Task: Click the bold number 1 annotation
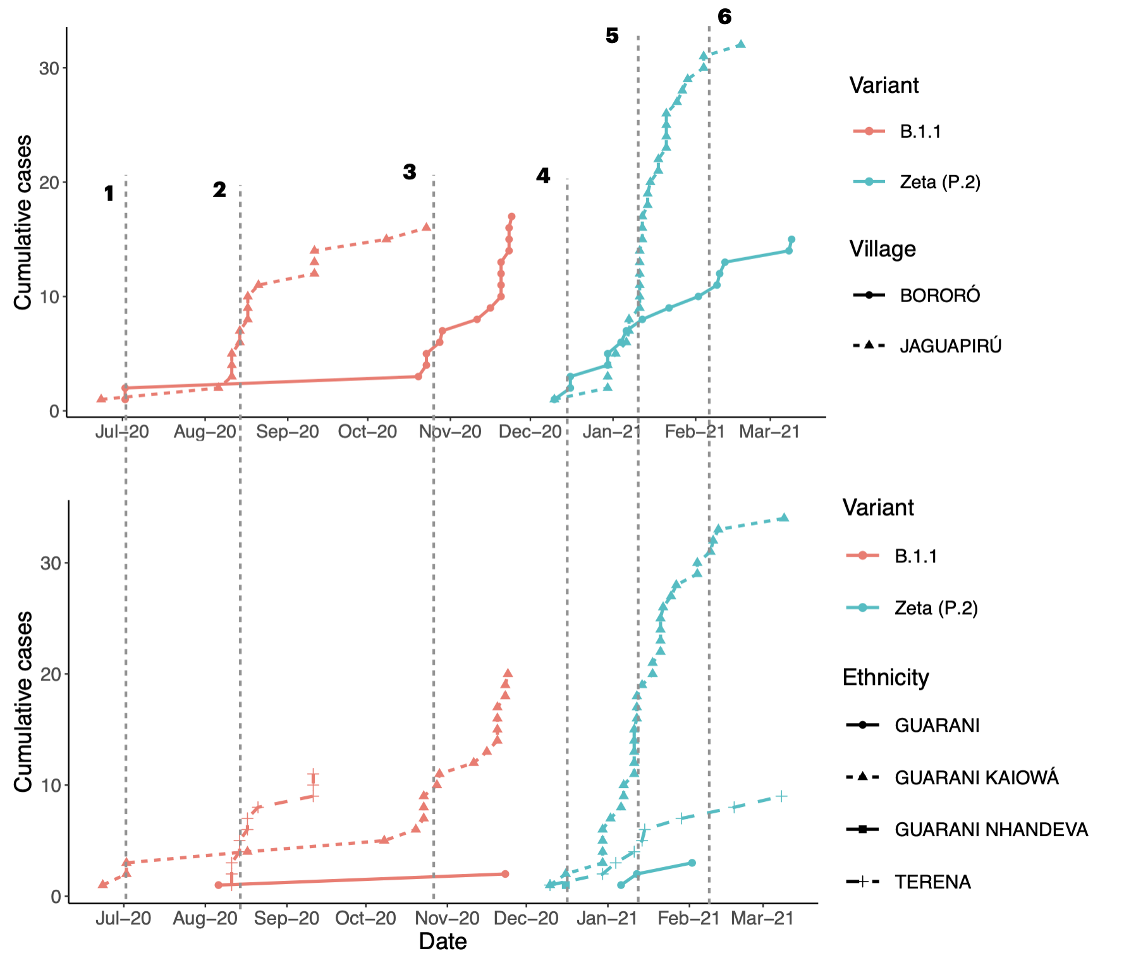(x=109, y=193)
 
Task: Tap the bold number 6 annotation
(x=724, y=17)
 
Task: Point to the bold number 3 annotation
(x=410, y=172)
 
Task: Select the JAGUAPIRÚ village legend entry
(x=950, y=346)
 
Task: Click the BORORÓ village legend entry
(x=939, y=295)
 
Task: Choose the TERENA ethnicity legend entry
(x=932, y=882)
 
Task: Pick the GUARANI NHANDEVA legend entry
(x=991, y=829)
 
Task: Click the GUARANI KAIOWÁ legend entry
(x=976, y=777)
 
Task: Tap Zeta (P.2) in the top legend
(x=939, y=182)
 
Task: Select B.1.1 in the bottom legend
(x=915, y=556)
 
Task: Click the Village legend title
(x=883, y=249)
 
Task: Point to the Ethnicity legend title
(x=886, y=677)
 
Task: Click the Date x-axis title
(x=443, y=941)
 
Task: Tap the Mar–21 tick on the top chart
(x=769, y=432)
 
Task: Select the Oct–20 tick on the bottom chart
(x=365, y=918)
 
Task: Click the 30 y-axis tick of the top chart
(x=49, y=68)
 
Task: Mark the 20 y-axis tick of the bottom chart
(x=50, y=674)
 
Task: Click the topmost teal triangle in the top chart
(x=741, y=44)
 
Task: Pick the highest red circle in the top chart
(x=511, y=217)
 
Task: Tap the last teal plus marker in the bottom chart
(x=782, y=796)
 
